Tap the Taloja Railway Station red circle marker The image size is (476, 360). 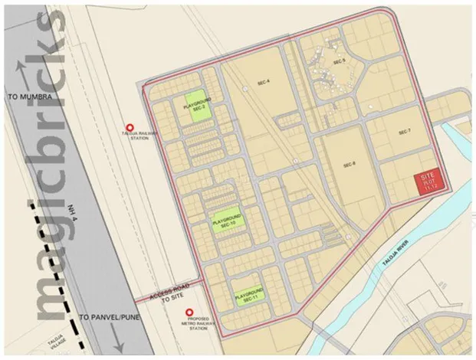[x=130, y=128]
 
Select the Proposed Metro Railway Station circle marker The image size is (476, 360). [x=190, y=312]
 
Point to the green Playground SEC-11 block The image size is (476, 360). [x=248, y=293]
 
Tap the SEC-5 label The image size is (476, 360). [x=340, y=61]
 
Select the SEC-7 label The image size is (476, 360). [x=405, y=132]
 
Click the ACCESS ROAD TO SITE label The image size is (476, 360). [x=159, y=299]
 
